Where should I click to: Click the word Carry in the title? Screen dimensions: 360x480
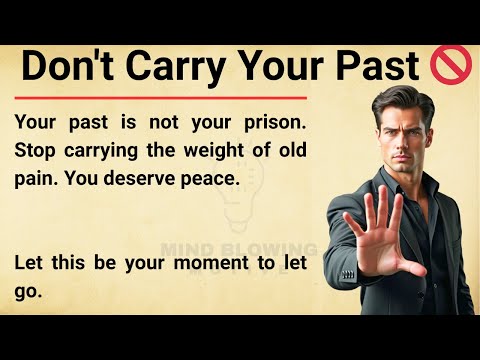click(x=184, y=67)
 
